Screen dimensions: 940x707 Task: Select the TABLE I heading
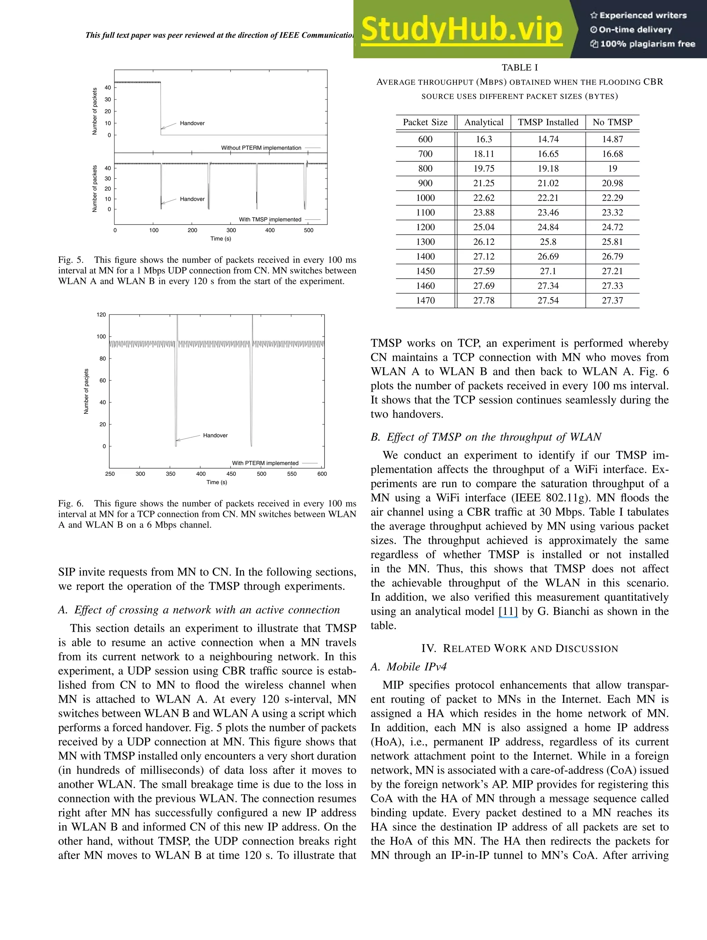point(520,68)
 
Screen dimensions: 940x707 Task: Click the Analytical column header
point(484,122)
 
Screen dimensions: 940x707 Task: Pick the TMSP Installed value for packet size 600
point(548,139)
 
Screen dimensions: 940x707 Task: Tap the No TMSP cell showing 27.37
point(612,300)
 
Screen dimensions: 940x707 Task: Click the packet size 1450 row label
point(425,271)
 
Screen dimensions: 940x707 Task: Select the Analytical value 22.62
point(484,198)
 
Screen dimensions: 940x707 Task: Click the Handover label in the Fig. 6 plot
point(215,435)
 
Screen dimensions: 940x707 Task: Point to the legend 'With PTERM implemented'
point(265,463)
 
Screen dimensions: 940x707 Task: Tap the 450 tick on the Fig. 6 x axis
point(231,474)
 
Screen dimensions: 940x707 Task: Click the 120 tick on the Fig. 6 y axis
point(101,315)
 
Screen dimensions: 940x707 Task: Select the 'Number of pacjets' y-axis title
point(86,391)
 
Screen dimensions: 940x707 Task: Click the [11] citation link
point(508,611)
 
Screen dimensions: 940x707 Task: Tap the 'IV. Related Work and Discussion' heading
point(520,649)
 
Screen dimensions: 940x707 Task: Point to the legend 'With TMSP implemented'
point(270,220)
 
